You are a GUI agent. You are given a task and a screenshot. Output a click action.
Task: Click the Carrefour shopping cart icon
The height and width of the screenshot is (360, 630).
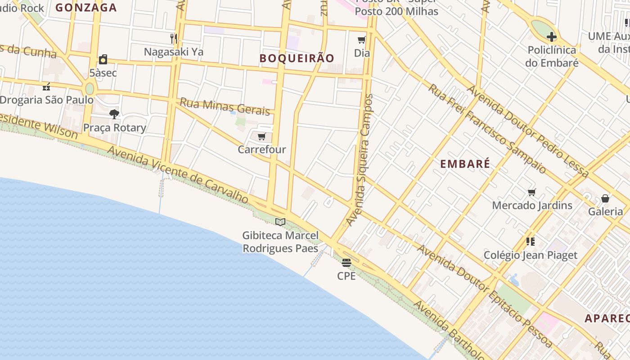tap(262, 136)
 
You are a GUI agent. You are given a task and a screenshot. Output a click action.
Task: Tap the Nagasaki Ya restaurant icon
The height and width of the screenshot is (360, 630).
tap(174, 38)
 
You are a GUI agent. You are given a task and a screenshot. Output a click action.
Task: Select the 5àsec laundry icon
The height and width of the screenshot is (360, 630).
tap(103, 59)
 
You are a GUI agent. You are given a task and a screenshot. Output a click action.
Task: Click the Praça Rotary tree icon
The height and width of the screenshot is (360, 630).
tap(114, 114)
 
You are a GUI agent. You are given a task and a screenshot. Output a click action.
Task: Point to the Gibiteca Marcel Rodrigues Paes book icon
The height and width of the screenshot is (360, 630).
tap(280, 222)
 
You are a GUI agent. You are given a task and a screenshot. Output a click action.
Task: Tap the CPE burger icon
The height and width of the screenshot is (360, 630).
tap(346, 263)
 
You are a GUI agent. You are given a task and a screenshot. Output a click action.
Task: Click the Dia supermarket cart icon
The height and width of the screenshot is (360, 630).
tap(362, 40)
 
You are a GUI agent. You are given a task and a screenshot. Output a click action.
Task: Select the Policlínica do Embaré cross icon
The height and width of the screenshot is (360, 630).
tap(552, 37)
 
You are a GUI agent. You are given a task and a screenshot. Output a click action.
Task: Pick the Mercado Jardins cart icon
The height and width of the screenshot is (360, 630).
tap(532, 193)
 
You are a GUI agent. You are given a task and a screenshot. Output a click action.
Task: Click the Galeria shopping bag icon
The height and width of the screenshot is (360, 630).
tap(606, 198)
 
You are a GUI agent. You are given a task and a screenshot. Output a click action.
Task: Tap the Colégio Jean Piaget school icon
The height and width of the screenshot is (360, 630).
tap(531, 242)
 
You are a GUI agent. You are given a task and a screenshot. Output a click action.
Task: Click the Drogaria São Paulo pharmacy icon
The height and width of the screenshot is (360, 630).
tap(46, 86)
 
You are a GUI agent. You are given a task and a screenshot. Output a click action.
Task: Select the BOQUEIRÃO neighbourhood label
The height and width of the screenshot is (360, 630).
tap(297, 58)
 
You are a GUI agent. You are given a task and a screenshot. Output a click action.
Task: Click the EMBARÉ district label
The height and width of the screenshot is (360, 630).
tap(465, 164)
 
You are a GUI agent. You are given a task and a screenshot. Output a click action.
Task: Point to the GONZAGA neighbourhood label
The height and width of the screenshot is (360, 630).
tap(86, 7)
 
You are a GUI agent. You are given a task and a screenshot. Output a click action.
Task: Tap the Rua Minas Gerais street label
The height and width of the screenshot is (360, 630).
tap(225, 106)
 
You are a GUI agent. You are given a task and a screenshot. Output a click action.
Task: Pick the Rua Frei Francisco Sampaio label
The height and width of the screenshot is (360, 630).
tap(487, 129)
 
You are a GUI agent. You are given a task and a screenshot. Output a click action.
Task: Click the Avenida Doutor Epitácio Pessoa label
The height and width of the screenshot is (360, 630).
tap(484, 296)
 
